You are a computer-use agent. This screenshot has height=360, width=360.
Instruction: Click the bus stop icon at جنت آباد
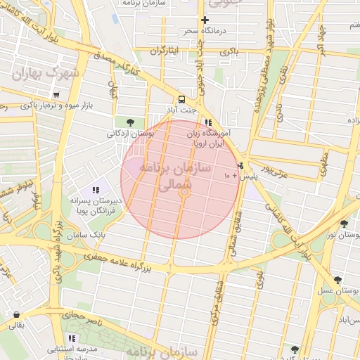pyautogui.click(x=182, y=99)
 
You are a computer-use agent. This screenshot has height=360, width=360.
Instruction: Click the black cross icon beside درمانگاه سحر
pyautogui.click(x=205, y=20)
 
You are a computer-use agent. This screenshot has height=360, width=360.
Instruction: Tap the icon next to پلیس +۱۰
pyautogui.click(x=240, y=166)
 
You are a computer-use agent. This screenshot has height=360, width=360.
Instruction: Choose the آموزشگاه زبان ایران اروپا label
pyautogui.click(x=210, y=137)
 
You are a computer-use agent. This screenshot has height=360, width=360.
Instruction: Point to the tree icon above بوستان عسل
pyautogui.click(x=337, y=280)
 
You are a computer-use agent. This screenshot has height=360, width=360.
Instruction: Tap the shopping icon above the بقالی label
pyautogui.click(x=16, y=314)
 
